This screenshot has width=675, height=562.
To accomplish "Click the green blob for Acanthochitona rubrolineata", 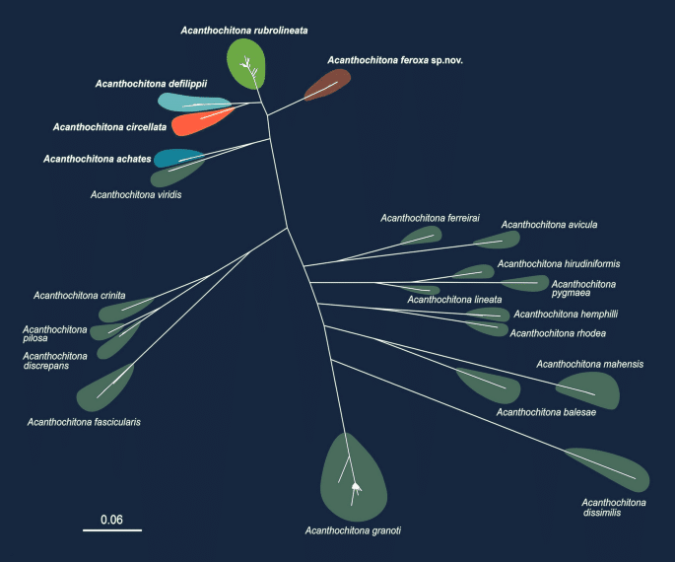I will (x=245, y=63).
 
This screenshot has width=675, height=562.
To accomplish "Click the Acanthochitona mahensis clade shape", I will (x=588, y=390).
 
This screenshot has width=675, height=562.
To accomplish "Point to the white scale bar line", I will (x=111, y=530).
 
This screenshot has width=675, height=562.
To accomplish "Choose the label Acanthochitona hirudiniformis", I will (x=559, y=263).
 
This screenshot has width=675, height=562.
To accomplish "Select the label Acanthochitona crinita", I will (x=79, y=295).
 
